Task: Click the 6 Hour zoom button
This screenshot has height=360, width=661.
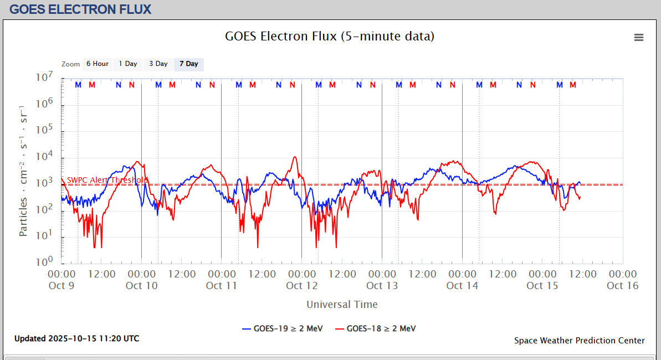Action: (x=98, y=64)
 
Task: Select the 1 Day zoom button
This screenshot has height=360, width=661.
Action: (x=128, y=64)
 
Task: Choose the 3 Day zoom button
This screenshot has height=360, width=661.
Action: (x=158, y=64)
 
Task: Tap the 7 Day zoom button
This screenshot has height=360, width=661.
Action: (x=189, y=64)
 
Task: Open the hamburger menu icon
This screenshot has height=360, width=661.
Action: (x=639, y=37)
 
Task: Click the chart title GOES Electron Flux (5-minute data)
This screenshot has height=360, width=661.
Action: (x=330, y=37)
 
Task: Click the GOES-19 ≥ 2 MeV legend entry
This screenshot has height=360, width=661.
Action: (x=283, y=328)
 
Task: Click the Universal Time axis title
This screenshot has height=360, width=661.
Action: (x=342, y=304)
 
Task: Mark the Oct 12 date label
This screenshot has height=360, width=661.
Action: (x=302, y=286)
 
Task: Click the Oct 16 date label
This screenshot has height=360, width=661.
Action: (x=623, y=286)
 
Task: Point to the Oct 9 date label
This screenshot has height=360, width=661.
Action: (x=62, y=286)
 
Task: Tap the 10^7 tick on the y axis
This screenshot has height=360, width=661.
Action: (x=44, y=77)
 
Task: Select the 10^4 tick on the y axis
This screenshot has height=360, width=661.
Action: (x=44, y=156)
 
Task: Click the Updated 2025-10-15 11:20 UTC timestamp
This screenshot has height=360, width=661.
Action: (x=77, y=338)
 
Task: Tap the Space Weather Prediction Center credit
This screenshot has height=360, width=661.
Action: (x=579, y=341)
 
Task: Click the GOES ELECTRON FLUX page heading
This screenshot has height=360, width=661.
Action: (x=80, y=9)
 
